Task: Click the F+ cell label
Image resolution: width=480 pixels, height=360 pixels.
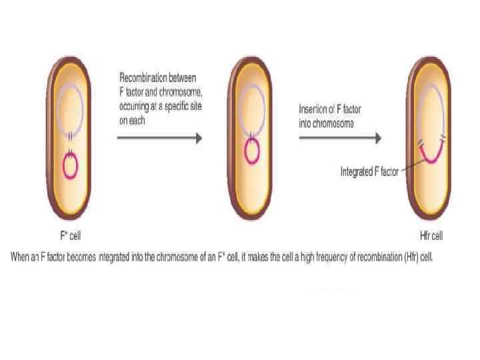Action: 71,235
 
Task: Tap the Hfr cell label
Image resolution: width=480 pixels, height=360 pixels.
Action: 427,235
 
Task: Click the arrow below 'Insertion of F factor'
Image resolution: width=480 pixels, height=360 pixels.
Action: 339,138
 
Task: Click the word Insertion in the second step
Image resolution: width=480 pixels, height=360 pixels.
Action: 313,109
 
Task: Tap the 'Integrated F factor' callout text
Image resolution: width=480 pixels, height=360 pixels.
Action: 369,171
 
